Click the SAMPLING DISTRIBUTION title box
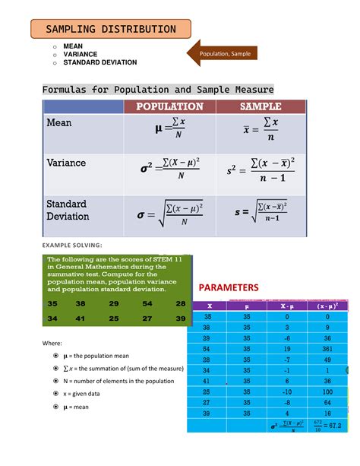tap(110, 30)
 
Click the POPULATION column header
tap(169, 106)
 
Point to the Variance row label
tap(66, 163)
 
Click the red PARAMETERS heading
tap(229, 287)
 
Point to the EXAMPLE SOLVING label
tap(68, 246)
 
